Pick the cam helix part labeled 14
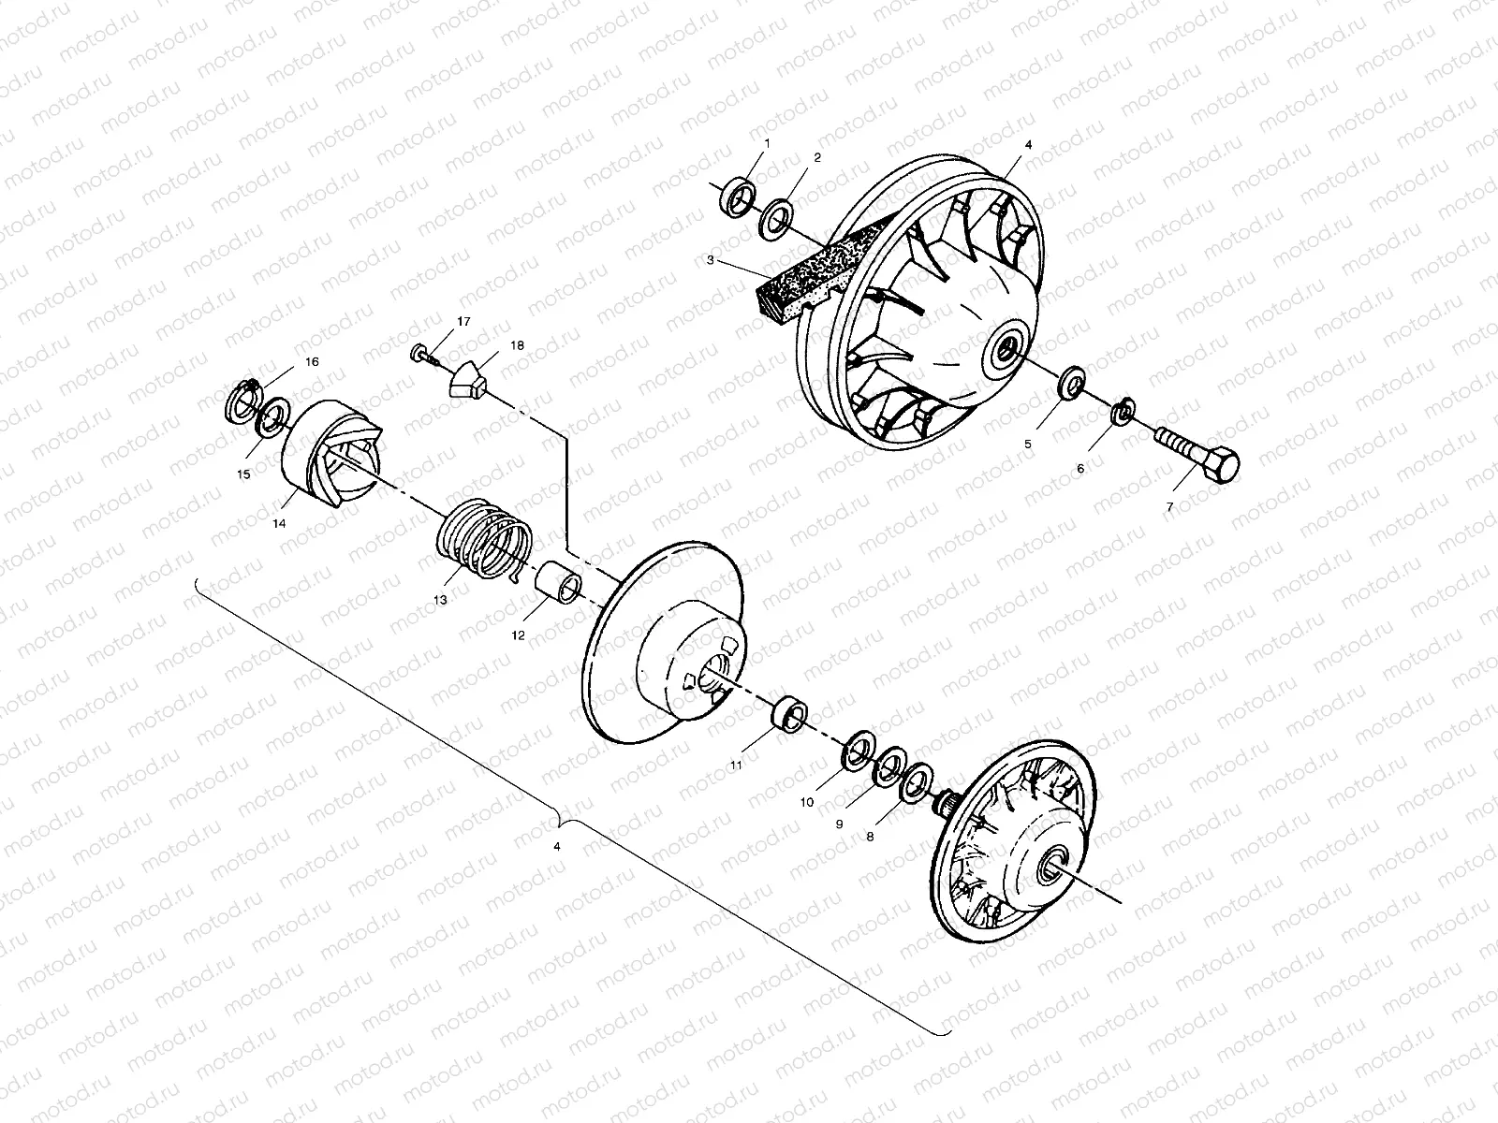tap(333, 454)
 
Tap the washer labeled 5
tap(1070, 383)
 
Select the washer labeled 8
tap(915, 782)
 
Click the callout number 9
tap(839, 824)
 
